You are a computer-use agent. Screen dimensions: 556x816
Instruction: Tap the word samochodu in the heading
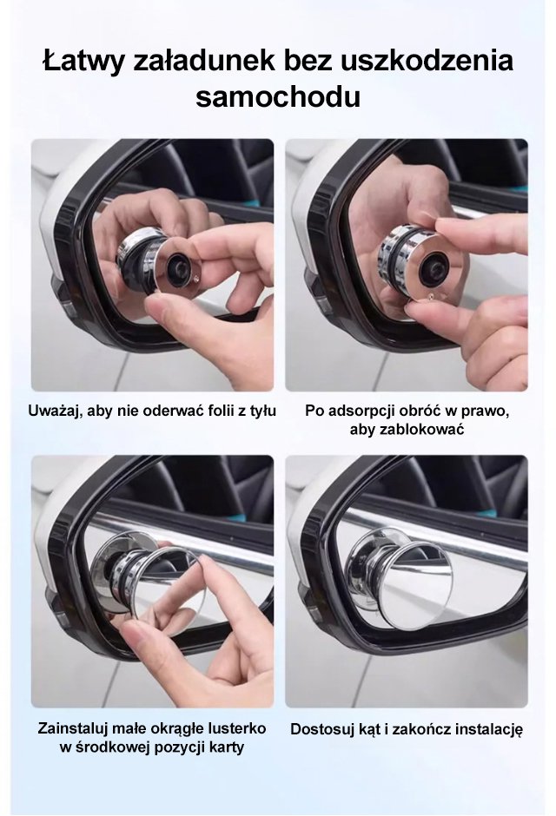click(x=278, y=96)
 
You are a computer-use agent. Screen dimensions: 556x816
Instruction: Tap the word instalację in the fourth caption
click(x=488, y=729)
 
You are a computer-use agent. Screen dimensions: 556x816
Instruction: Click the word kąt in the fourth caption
click(x=370, y=729)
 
